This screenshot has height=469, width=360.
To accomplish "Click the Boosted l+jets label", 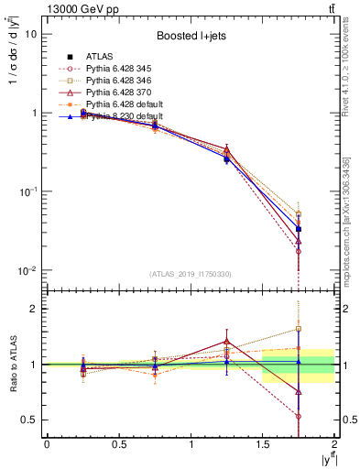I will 191,36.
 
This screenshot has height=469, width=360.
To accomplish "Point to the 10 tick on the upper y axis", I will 29,34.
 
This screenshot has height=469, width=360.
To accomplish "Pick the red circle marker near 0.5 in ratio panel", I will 299,416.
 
